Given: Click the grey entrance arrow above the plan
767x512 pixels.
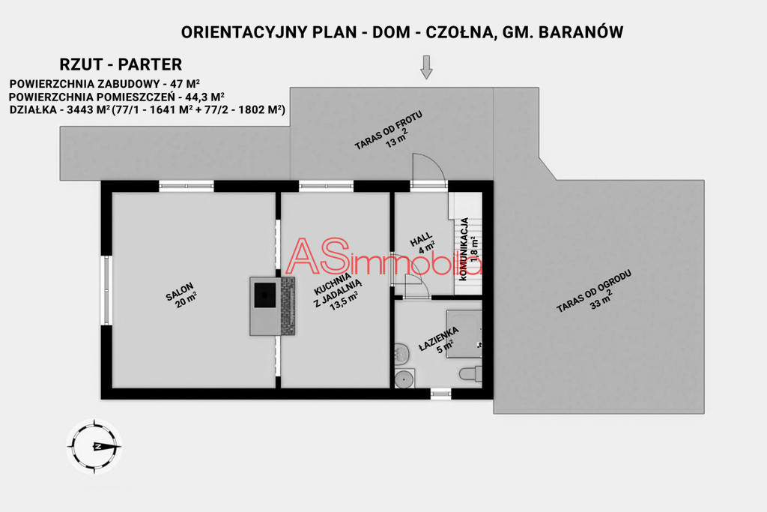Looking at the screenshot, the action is point(426,67).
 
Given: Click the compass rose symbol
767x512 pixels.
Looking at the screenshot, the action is point(94,446).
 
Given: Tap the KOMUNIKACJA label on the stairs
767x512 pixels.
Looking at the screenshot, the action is point(469,249).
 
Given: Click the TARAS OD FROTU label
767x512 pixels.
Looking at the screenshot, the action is point(389,130).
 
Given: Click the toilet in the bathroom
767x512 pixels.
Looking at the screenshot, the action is point(470,373).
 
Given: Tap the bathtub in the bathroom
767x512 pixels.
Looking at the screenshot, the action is point(464,334).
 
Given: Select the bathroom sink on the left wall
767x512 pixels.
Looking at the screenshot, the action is point(401,353).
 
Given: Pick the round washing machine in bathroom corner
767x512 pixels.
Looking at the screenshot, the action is point(404,379).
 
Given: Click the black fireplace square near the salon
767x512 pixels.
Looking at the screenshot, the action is point(265,295).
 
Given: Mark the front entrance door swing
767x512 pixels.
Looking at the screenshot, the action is point(428,170).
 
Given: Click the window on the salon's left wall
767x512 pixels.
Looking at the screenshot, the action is point(106,290).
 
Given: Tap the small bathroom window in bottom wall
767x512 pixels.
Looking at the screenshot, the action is point(440,394).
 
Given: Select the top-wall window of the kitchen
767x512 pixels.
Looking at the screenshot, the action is point(326,186).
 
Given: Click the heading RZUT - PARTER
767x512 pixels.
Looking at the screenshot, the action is point(121,64).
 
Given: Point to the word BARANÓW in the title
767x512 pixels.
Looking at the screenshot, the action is point(580,31).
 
